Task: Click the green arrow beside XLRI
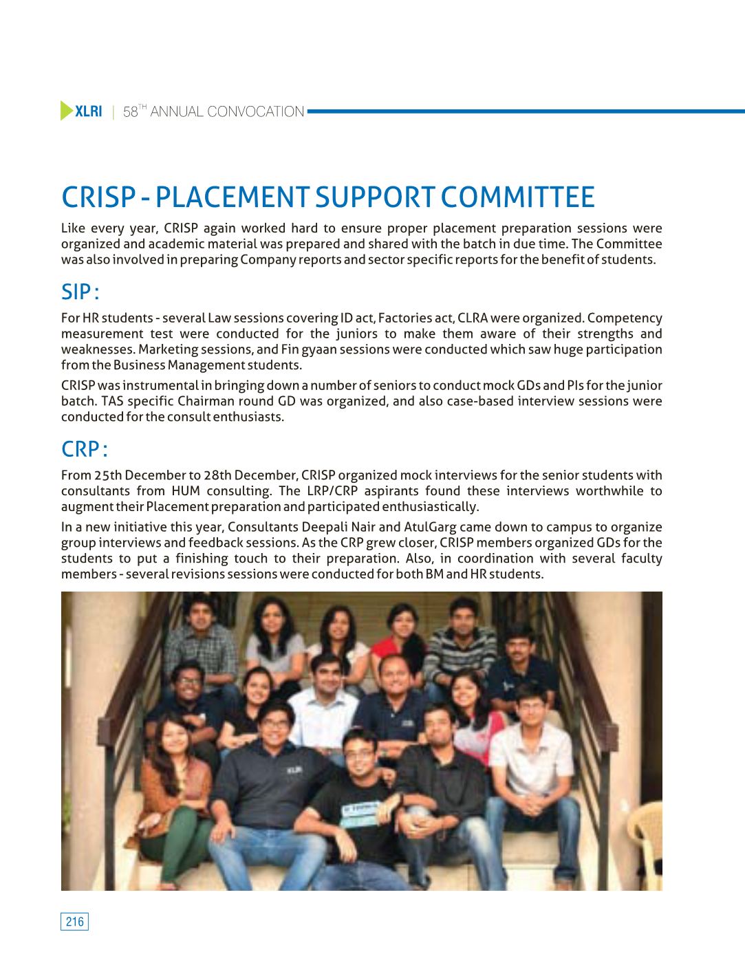coord(67,111)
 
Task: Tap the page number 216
coord(75,922)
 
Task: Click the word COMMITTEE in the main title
coord(517,197)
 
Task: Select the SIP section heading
coord(80,292)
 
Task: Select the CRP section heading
coord(84,449)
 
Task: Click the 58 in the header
coord(130,112)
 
